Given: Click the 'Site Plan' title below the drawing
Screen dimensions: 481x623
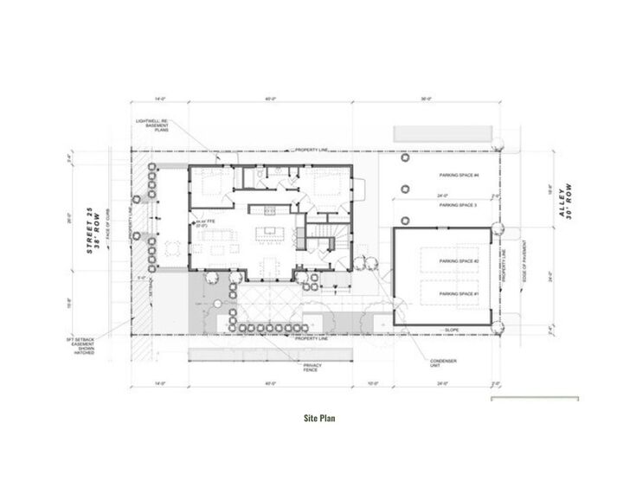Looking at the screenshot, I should coord(319,418).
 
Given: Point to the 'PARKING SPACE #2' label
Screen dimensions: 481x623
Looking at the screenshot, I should coord(459,261).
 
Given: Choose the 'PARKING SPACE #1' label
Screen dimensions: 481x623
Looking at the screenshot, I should coord(459,294).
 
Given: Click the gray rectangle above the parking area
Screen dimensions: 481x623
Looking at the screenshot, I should coord(444,134).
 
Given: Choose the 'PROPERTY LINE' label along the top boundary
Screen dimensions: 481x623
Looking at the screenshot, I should coord(311,150).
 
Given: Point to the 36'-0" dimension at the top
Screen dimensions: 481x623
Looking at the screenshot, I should coord(426,99).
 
